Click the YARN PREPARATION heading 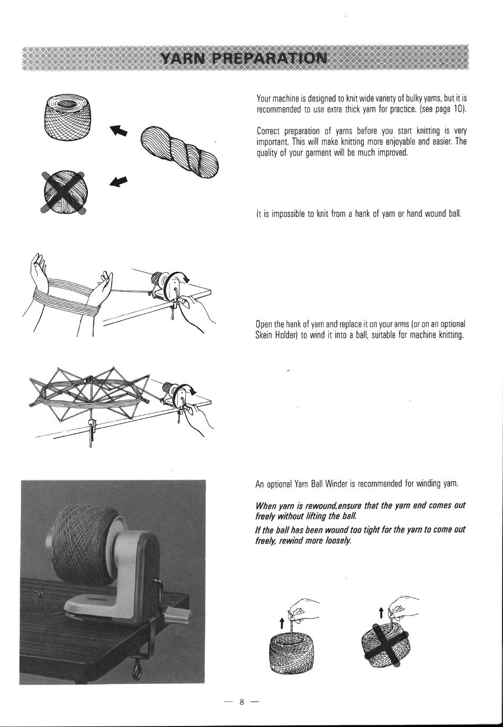[x=244, y=58]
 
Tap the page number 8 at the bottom [x=241, y=702]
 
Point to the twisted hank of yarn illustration [x=179, y=152]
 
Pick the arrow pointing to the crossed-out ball [x=118, y=182]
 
